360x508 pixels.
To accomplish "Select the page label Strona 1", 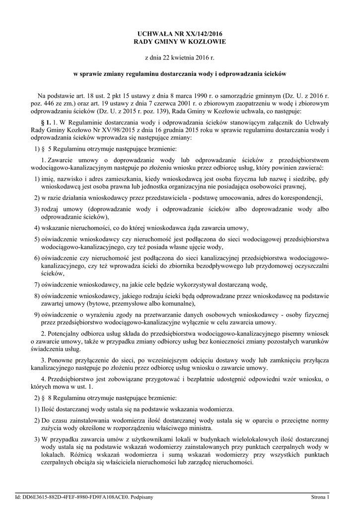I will tap(321, 497).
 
